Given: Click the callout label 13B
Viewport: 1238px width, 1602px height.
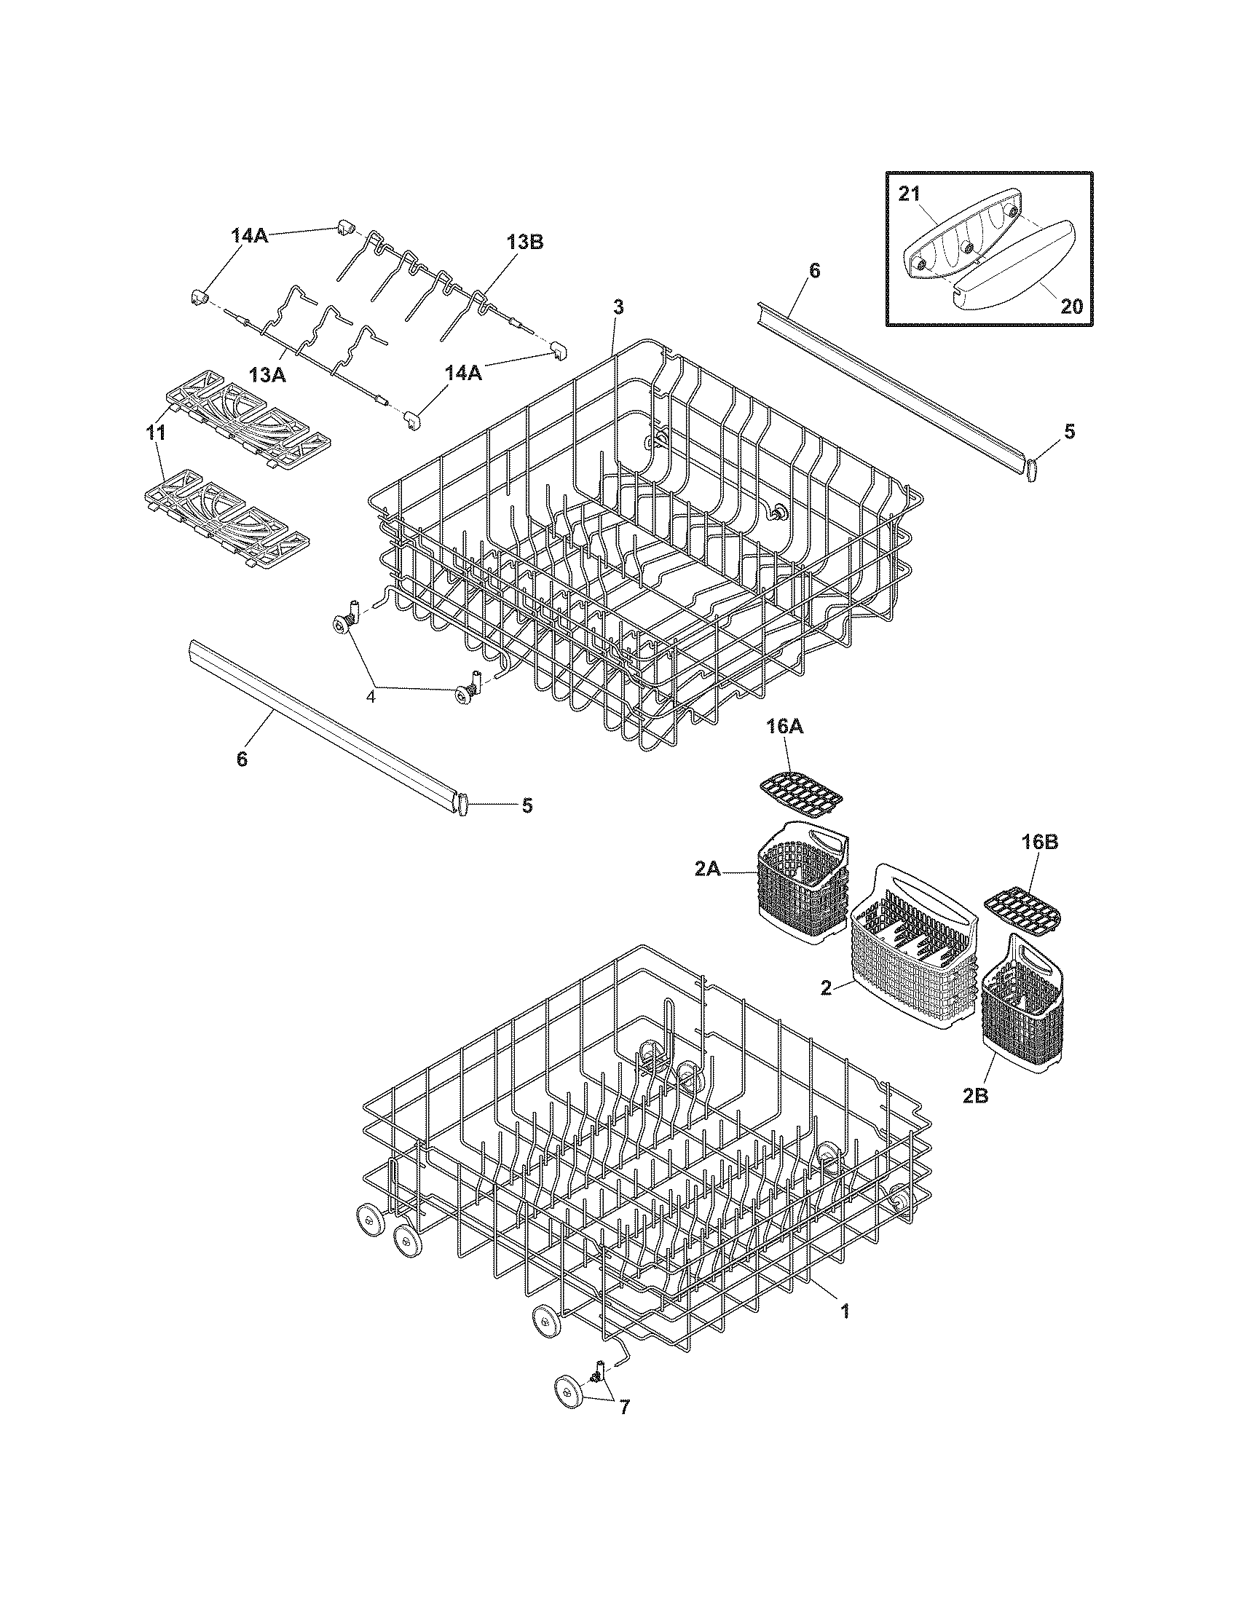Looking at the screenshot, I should [x=524, y=242].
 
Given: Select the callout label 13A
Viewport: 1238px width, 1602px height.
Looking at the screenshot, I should [x=267, y=375].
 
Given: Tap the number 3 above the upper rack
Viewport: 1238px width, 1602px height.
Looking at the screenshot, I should [x=618, y=307].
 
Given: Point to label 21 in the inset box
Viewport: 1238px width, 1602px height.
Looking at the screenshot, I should [x=910, y=194].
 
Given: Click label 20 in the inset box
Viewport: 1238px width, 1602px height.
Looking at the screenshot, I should [x=1071, y=306].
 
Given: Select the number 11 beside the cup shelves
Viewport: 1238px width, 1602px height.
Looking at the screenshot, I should [x=156, y=433].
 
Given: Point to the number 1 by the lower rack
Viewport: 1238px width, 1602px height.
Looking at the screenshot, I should [x=844, y=1311].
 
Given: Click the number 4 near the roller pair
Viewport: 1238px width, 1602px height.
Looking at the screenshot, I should [x=371, y=696].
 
